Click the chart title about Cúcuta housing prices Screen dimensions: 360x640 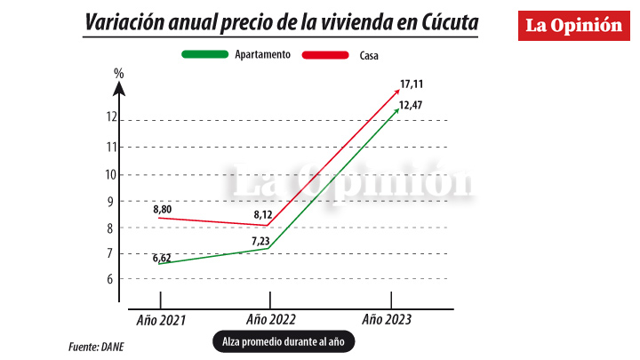click(x=280, y=23)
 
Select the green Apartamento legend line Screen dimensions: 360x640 click(x=205, y=55)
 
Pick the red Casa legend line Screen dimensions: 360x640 click(x=325, y=55)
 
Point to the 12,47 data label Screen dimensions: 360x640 click(x=411, y=107)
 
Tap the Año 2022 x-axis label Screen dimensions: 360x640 click(x=270, y=318)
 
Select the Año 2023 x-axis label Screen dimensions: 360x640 click(x=388, y=318)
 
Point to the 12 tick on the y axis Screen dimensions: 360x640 click(x=112, y=116)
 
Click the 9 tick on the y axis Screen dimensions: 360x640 click(x=112, y=201)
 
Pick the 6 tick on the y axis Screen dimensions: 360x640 click(x=112, y=278)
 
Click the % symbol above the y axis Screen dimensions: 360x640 click(x=118, y=72)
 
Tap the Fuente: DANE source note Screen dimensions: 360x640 click(x=96, y=347)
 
